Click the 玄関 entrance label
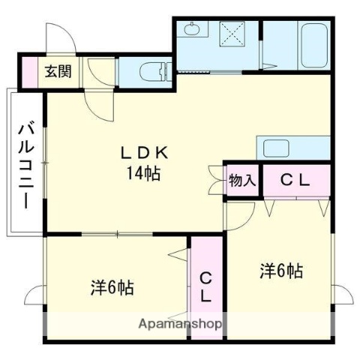[x=57, y=72]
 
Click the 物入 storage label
[x=242, y=180]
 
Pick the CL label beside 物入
[x=295, y=180]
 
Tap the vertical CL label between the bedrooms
[x=205, y=286]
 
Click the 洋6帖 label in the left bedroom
[x=112, y=287]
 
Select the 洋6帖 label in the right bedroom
[x=282, y=269]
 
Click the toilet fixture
[x=153, y=71]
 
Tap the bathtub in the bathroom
[x=310, y=46]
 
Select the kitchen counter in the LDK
[x=292, y=147]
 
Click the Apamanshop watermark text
[x=181, y=325]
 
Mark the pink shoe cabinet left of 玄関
[x=28, y=72]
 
